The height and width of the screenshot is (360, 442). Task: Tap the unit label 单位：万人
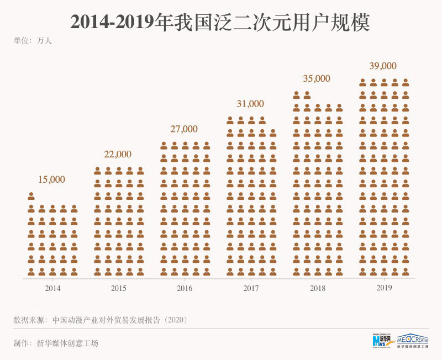(33, 40)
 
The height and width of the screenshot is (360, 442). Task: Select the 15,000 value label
(51, 179)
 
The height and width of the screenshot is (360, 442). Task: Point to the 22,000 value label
(118, 154)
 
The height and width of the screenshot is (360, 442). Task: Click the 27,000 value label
(183, 129)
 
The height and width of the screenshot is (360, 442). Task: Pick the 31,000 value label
(250, 104)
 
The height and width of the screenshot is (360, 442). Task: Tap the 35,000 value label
(317, 78)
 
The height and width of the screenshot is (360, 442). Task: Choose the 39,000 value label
(383, 66)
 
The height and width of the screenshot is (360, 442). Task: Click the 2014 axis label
(52, 288)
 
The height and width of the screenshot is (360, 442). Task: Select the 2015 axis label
(119, 288)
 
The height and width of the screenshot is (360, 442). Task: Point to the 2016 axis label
(185, 288)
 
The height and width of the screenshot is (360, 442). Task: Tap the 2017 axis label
(251, 288)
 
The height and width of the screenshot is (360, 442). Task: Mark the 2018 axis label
(317, 288)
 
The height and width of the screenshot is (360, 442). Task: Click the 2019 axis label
(383, 288)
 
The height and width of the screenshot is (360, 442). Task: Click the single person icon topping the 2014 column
(31, 195)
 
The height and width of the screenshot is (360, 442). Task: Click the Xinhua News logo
(381, 341)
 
